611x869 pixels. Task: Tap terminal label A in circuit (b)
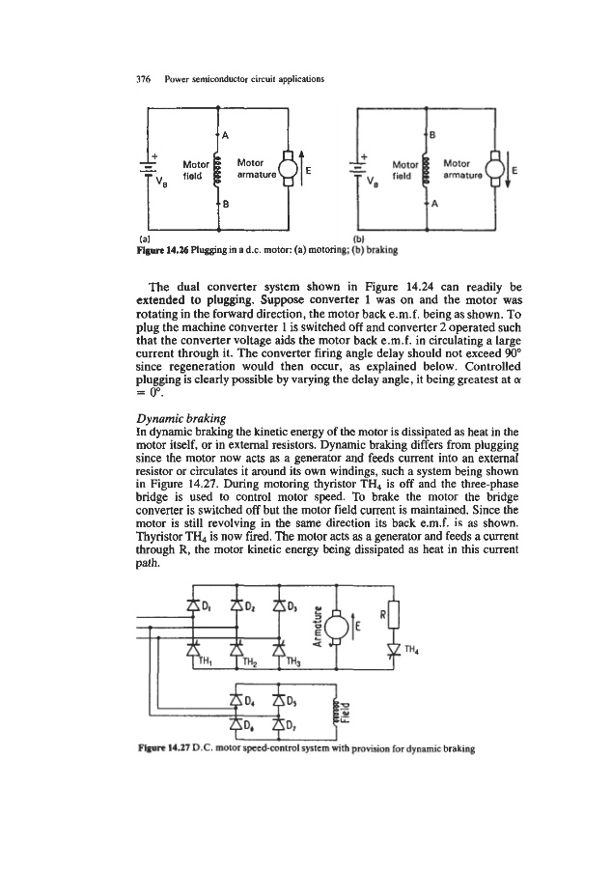click(434, 204)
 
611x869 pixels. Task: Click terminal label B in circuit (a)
click(225, 204)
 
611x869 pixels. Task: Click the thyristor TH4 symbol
click(392, 647)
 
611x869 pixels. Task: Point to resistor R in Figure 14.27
click(393, 613)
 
